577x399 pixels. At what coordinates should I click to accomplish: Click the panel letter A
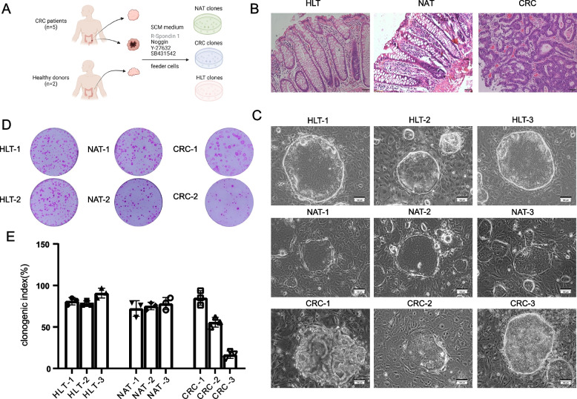tap(8, 7)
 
